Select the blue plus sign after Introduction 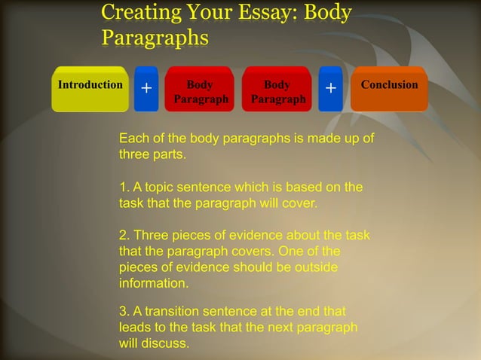[146, 90]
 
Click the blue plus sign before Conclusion [330, 90]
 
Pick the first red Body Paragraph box [200, 91]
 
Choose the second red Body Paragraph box [277, 91]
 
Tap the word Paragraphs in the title [155, 36]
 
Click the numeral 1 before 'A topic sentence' [124, 187]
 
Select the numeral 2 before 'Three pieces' [124, 235]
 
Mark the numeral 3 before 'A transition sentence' [124, 312]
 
